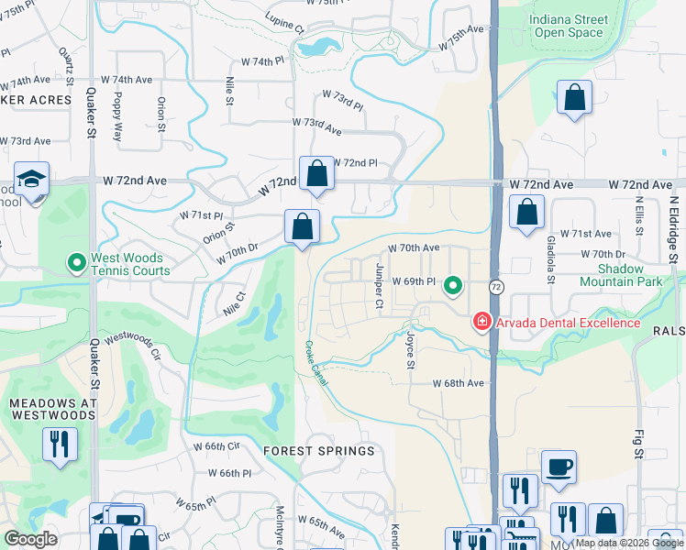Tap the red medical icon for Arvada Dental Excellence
481,322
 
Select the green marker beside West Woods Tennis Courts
77,264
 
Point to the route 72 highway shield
494,287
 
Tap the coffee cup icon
559,467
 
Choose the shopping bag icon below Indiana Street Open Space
574,97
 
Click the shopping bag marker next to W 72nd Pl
316,173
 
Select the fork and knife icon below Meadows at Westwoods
60,445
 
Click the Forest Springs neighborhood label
318,451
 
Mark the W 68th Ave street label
458,382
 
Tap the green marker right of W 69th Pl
452,287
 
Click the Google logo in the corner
30,539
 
